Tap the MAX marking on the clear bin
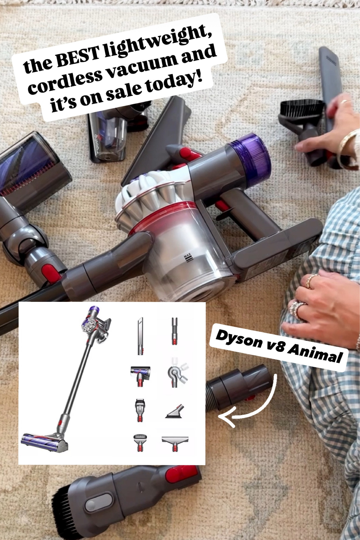(x=187, y=258)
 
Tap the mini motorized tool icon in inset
(x=140, y=375)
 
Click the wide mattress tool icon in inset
(x=175, y=441)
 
